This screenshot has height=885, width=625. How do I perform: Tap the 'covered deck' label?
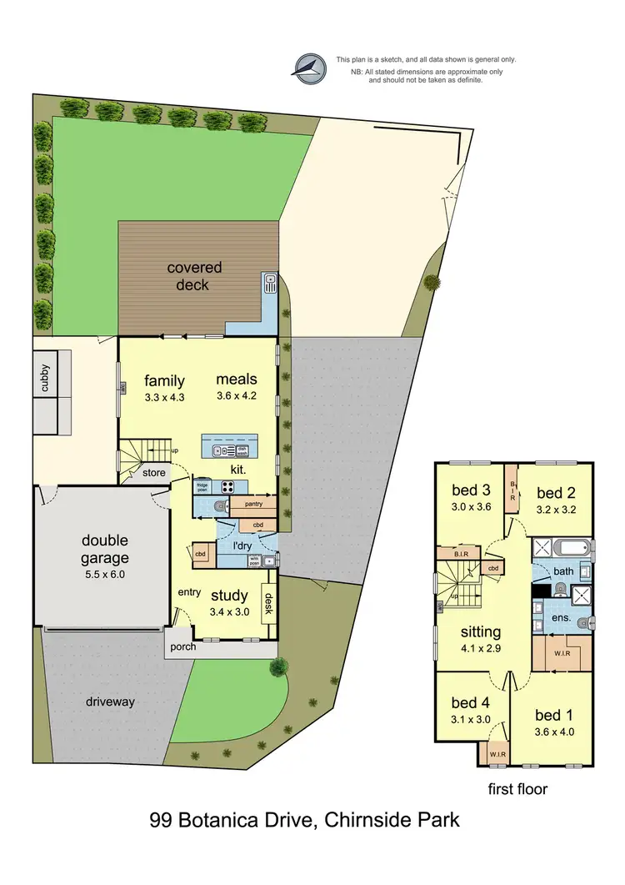click(194, 276)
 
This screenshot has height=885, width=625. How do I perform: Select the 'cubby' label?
click(45, 379)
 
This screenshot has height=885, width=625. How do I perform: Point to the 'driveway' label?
click(109, 701)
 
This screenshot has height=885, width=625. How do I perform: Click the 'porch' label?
click(182, 646)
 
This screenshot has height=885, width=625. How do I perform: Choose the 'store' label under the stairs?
click(154, 474)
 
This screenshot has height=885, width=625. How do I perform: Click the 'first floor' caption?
click(517, 788)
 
